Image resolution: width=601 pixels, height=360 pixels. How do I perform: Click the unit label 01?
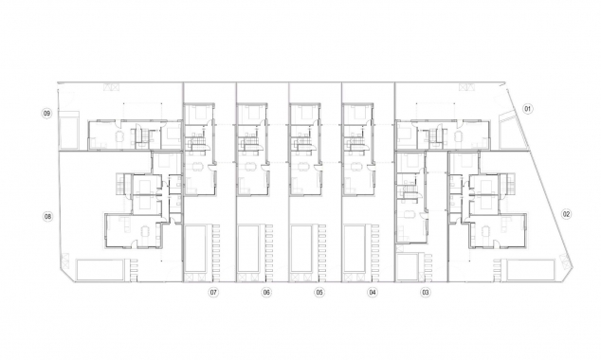point(528,109)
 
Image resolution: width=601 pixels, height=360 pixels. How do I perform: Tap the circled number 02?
point(567,213)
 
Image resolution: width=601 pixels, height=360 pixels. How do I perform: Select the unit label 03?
point(426,293)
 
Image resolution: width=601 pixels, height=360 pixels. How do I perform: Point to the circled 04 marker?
point(373,293)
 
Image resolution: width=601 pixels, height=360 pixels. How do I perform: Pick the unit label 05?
point(319,293)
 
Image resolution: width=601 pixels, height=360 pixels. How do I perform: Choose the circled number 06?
point(266,293)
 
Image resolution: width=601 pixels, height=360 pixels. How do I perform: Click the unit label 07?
point(214,293)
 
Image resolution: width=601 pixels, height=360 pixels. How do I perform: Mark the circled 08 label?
point(47,216)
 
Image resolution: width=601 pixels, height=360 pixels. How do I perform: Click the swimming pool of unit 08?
point(100,269)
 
